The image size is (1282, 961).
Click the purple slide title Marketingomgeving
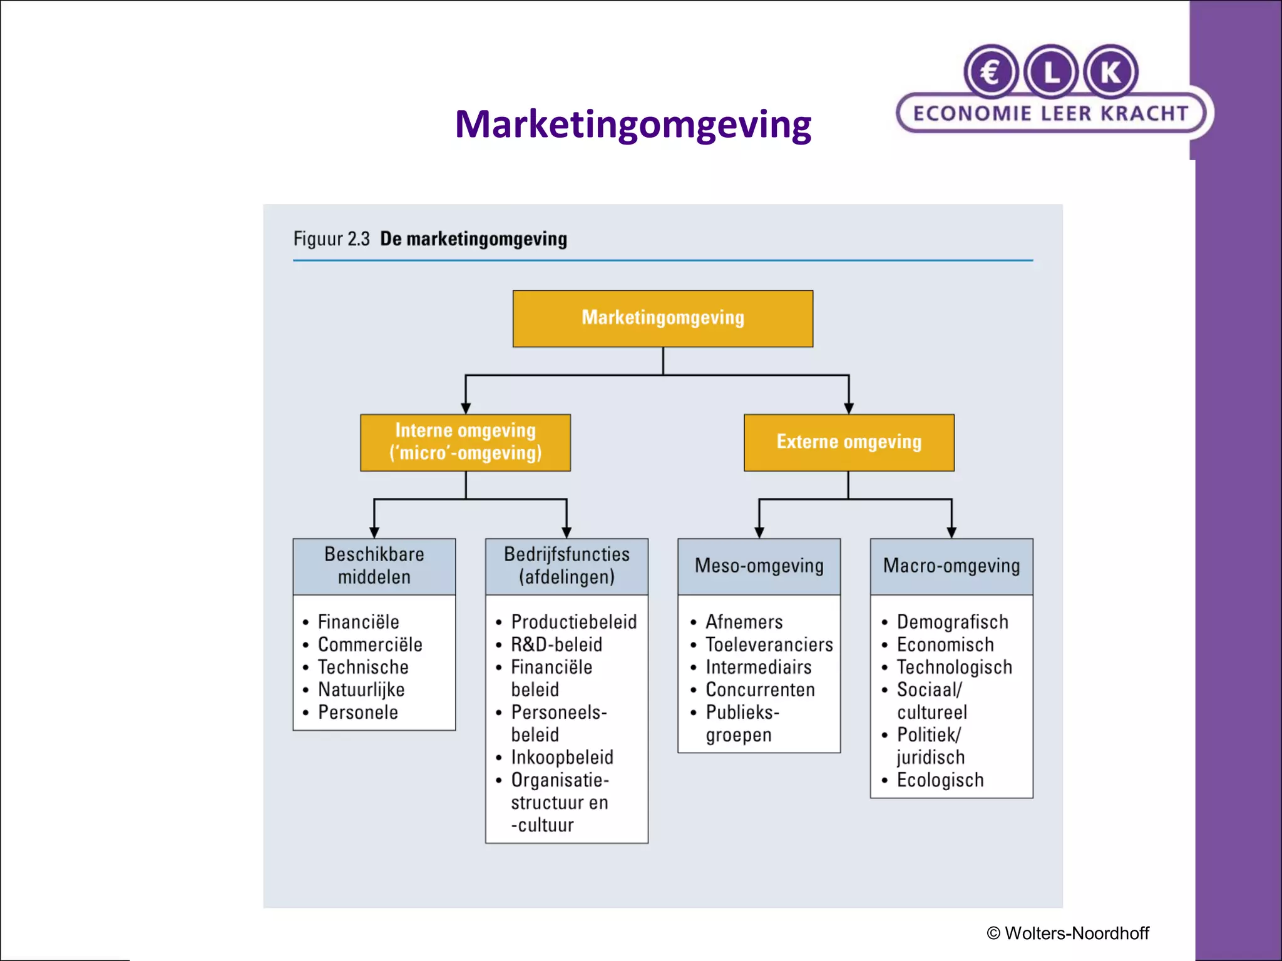[x=633, y=124]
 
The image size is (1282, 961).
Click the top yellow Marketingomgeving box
[x=663, y=318]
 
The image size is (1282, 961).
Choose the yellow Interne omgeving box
[x=465, y=442]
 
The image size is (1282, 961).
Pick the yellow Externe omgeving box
[x=849, y=442]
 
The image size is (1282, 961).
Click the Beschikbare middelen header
[x=374, y=566]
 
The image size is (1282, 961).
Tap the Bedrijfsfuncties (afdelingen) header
[x=567, y=566]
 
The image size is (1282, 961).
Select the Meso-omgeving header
[x=759, y=566]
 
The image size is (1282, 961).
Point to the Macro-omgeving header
[x=951, y=566]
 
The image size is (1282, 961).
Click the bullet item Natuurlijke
[x=361, y=690]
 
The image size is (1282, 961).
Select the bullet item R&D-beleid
[x=556, y=645]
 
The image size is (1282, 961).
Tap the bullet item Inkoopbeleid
[x=562, y=758]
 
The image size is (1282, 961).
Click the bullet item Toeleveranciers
[x=769, y=645]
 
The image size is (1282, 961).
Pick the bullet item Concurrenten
[x=760, y=690]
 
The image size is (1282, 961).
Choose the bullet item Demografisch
[x=952, y=623]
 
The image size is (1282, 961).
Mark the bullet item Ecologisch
[x=940, y=780]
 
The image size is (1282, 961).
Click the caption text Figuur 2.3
[x=331, y=239]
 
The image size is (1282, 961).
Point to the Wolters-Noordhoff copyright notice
[x=1068, y=933]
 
